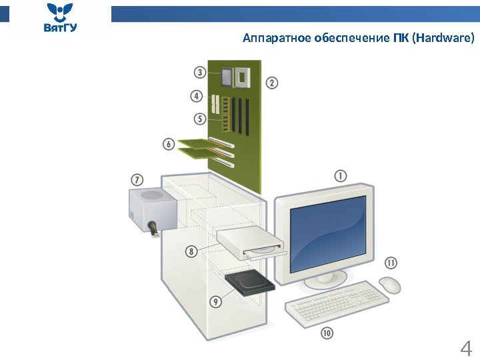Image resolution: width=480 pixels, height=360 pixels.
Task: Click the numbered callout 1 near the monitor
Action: point(340,176)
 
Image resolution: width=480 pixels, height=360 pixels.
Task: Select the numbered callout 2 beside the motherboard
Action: point(272,83)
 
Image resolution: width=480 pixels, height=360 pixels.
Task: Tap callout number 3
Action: point(199,72)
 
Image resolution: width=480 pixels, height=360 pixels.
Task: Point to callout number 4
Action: point(196,97)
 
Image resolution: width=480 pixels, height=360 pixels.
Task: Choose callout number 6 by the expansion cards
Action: point(168,144)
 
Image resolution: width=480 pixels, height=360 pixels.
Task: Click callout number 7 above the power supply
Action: point(136,180)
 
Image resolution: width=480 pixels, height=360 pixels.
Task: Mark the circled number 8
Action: point(191,251)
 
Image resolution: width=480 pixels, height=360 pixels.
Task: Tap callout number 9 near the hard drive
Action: point(215,301)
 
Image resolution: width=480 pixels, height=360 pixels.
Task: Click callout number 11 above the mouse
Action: point(391,263)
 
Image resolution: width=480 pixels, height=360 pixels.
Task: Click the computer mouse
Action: point(390,285)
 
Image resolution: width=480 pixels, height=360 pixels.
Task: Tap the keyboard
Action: point(337,303)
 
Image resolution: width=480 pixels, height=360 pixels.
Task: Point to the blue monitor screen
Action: point(328,230)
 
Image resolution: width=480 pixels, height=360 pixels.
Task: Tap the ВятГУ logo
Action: point(61,18)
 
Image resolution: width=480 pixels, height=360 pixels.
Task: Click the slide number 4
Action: point(466,348)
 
